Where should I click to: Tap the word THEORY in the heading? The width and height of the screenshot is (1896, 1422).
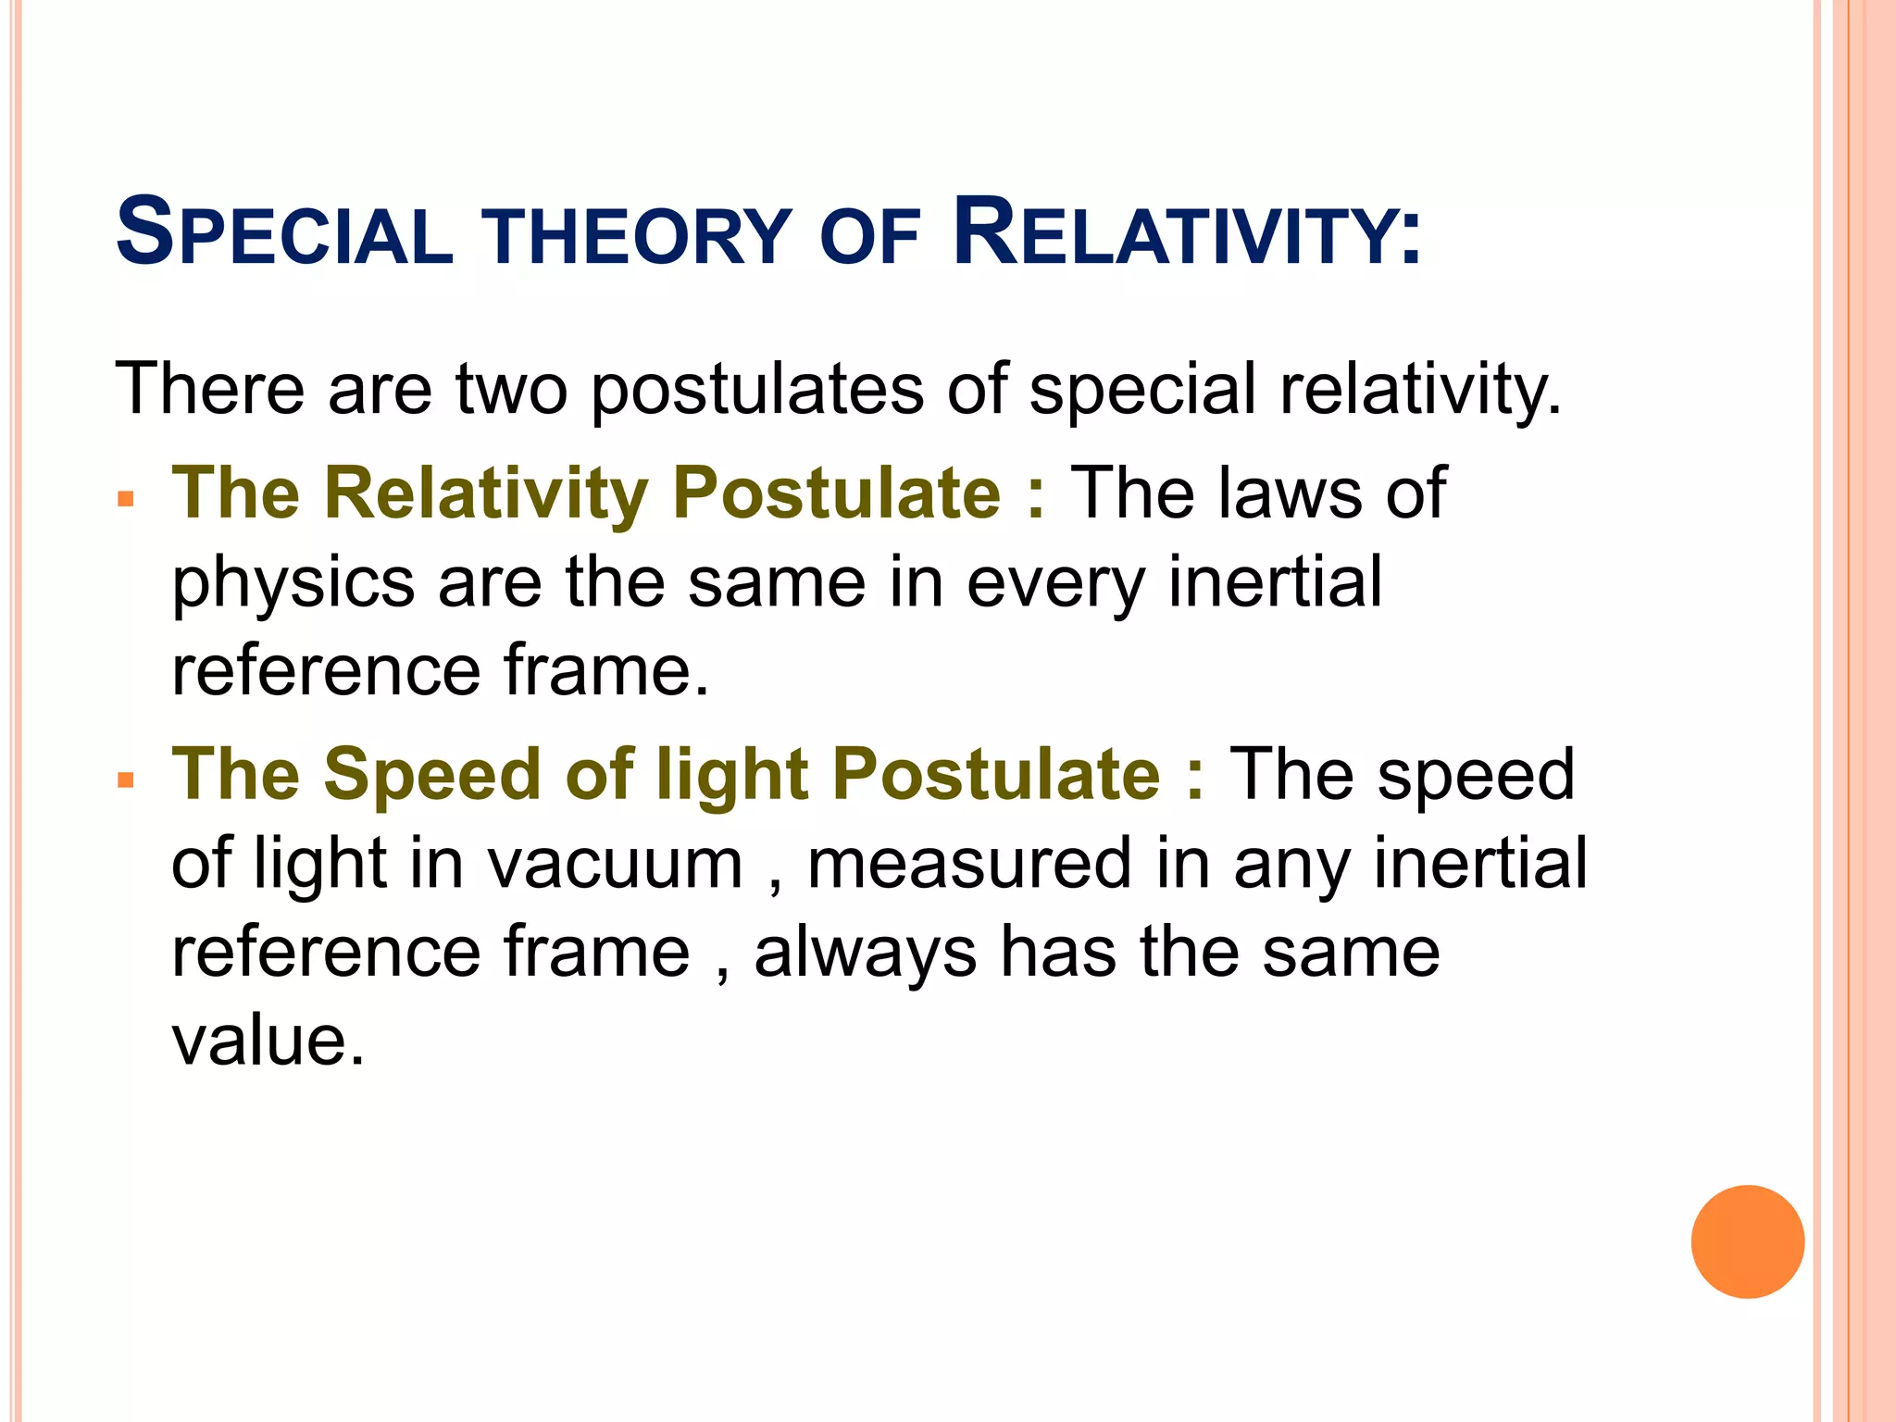coord(640,238)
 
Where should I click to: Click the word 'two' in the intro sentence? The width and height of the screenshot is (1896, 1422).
coord(511,389)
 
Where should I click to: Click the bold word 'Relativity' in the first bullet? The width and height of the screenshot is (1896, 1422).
coord(486,493)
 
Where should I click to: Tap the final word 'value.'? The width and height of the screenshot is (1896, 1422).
coord(268,1042)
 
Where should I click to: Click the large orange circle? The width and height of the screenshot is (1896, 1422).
coord(1747,1241)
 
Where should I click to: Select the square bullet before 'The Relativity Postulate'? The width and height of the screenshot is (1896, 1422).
coord(126,501)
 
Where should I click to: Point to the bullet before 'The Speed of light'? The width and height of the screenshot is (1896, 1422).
coord(126,781)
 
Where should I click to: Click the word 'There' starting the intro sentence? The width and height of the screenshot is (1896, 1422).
coord(209,389)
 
